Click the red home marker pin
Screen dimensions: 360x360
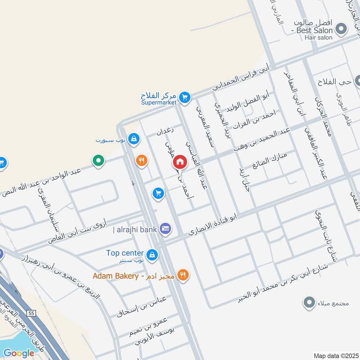coord(180,162)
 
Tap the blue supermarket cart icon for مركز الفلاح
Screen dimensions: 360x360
coord(184,97)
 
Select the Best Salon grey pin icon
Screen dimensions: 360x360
coord(342,29)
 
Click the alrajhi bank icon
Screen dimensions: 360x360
coord(165,229)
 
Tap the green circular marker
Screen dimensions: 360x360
coord(98,160)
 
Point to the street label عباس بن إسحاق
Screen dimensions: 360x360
coord(141,306)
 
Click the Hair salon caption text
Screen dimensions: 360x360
coord(318,38)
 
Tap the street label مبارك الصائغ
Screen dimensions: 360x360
coord(269,160)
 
